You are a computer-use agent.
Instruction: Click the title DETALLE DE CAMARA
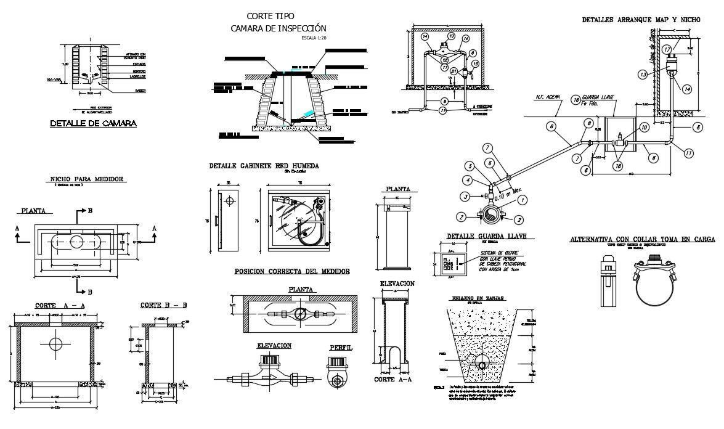(92, 124)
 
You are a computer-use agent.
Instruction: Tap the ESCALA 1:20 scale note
(315, 38)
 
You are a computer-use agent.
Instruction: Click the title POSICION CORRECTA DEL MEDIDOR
(292, 271)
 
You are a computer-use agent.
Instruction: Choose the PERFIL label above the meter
(341, 348)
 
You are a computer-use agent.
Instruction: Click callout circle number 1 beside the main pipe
(523, 200)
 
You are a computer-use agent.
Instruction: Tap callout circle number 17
(667, 49)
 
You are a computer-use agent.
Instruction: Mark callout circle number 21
(454, 71)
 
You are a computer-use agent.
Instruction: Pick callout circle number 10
(643, 127)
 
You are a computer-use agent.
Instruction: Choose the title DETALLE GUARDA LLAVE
(490, 236)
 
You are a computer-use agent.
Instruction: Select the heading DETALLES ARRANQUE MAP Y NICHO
(641, 20)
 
